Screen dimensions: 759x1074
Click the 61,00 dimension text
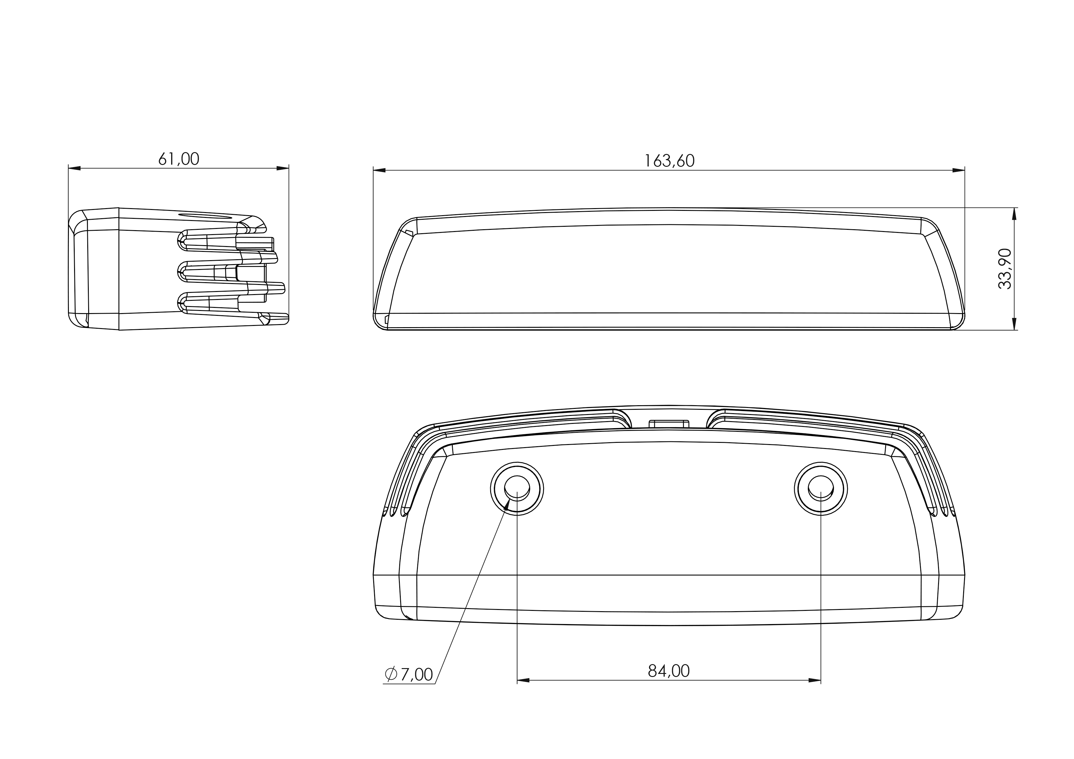(179, 159)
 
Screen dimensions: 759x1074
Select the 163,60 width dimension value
(669, 161)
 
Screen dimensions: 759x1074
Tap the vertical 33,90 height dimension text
(1005, 269)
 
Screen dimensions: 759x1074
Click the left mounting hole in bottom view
(517, 489)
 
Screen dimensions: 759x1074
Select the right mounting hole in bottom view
(821, 489)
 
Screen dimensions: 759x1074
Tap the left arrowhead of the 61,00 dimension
(75, 168)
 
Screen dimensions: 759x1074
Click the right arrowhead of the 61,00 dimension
(283, 168)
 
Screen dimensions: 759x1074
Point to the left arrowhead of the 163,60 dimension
(379, 170)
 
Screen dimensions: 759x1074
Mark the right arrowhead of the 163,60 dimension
(959, 170)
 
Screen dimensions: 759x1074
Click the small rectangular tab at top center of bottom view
(669, 424)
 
